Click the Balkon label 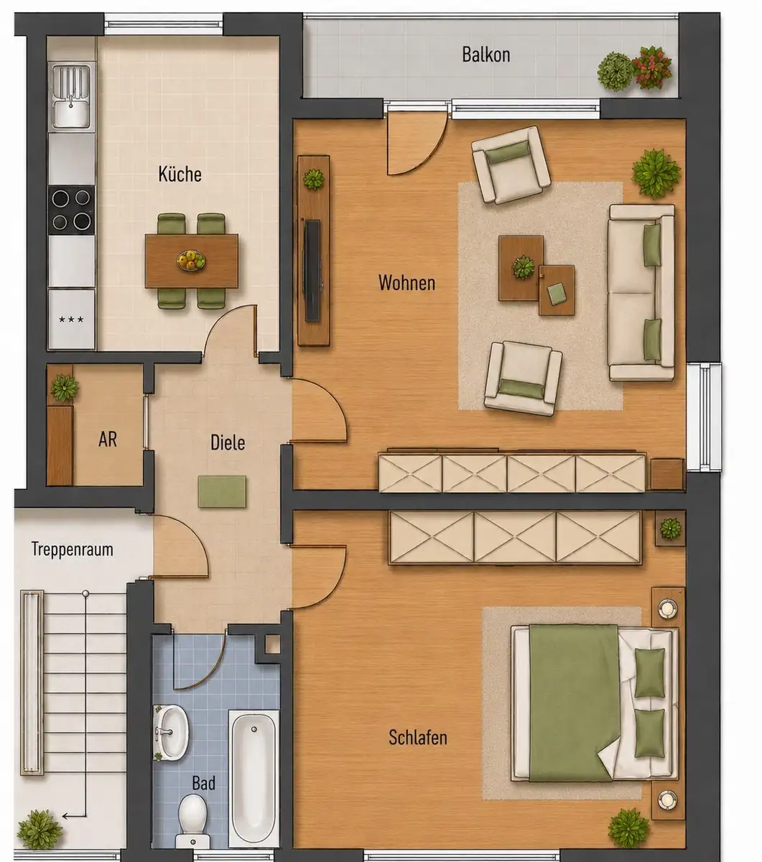click(x=486, y=55)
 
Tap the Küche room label click(x=180, y=174)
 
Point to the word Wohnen click(x=406, y=283)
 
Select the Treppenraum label click(x=73, y=550)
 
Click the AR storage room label click(x=107, y=440)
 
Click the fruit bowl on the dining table click(x=191, y=260)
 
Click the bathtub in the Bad click(x=254, y=779)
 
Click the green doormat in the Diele click(x=222, y=491)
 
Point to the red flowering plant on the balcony click(x=651, y=68)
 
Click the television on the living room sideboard click(x=312, y=271)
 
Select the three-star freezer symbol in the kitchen click(x=71, y=319)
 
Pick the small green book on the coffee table click(x=556, y=295)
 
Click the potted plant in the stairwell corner click(x=40, y=829)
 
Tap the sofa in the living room click(x=641, y=292)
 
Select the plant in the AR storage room click(x=65, y=388)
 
